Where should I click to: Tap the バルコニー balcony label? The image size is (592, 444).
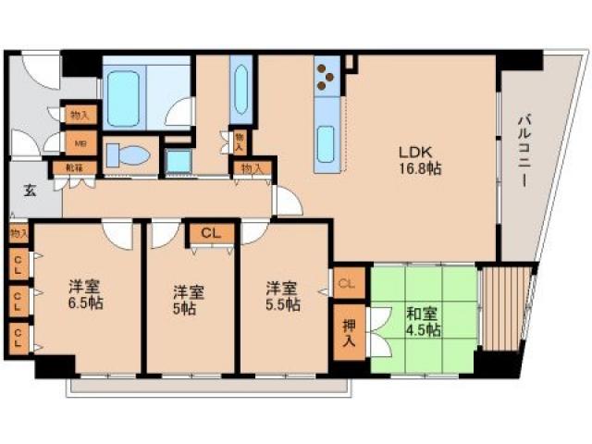[523, 148]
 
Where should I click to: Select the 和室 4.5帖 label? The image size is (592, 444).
[423, 320]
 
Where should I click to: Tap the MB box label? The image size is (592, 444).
[80, 142]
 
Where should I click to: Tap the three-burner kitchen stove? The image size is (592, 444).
[327, 80]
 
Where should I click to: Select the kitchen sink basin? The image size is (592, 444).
[327, 145]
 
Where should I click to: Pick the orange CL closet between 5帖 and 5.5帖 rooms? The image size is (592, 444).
[212, 233]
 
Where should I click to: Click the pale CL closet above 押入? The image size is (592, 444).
[349, 282]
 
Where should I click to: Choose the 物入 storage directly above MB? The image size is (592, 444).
[80, 115]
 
